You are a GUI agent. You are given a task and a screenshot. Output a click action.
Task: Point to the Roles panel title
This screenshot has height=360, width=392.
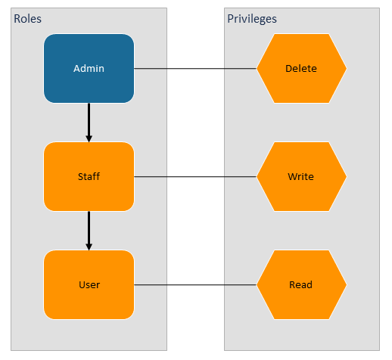tap(28, 18)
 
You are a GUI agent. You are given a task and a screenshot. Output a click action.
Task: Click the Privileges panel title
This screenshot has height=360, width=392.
tap(252, 18)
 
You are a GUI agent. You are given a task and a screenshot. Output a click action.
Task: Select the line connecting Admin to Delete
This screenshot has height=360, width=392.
tap(195, 68)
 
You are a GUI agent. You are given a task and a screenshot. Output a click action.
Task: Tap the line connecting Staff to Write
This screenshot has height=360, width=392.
tap(195, 177)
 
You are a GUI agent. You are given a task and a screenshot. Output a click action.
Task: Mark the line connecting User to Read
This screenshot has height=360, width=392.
tap(195, 285)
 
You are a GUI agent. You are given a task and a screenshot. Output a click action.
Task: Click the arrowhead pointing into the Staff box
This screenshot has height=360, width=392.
tap(89, 138)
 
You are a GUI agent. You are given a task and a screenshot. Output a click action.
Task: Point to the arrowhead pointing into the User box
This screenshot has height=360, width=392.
tap(89, 246)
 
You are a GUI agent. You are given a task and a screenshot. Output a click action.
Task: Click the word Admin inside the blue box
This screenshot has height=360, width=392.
tap(89, 69)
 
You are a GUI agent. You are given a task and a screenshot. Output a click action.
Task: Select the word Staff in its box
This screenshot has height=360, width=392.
tap(89, 177)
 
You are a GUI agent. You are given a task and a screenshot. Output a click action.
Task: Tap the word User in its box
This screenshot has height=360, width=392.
tap(89, 285)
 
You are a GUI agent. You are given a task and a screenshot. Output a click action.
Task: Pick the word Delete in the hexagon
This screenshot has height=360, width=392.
tap(301, 69)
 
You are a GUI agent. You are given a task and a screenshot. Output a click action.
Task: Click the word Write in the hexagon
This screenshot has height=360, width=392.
tap(301, 177)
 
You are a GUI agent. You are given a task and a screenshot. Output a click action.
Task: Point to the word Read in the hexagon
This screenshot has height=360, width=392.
tap(301, 285)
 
